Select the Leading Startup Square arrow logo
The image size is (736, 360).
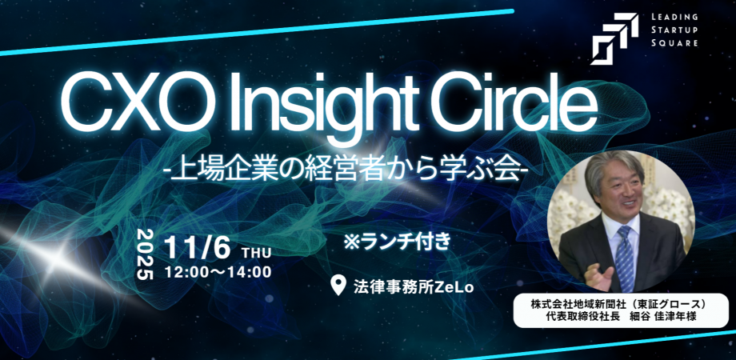(x=614, y=39)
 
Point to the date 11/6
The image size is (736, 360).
(x=198, y=248)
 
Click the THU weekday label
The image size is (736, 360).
(x=256, y=254)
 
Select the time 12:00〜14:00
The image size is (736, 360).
(x=218, y=272)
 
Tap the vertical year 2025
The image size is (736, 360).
(x=146, y=254)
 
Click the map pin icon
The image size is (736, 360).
(x=338, y=285)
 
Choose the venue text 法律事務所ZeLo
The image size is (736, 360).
(x=413, y=286)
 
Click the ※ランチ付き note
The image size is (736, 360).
(x=397, y=242)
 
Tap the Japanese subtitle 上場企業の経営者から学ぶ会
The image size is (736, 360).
(x=349, y=172)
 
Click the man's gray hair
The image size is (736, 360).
(x=614, y=168)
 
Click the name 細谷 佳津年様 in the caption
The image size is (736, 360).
(x=660, y=318)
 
